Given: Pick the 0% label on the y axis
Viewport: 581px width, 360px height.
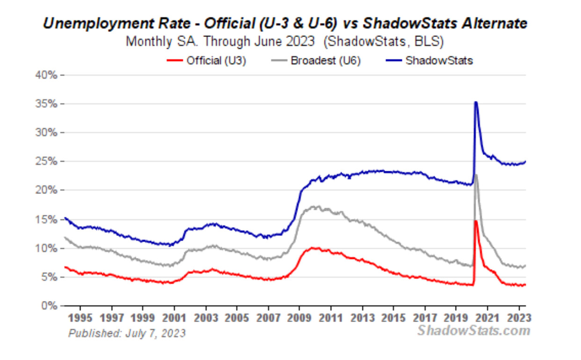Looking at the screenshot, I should point(50,306).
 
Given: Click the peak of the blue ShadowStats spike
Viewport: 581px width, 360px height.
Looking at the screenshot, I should point(476,102).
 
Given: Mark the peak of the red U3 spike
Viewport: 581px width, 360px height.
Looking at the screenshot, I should point(476,221).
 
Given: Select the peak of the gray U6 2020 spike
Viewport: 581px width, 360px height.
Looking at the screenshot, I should point(476,175).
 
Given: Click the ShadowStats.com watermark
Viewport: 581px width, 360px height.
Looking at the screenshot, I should point(474,331).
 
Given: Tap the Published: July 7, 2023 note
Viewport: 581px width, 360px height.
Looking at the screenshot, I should point(127,333).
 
